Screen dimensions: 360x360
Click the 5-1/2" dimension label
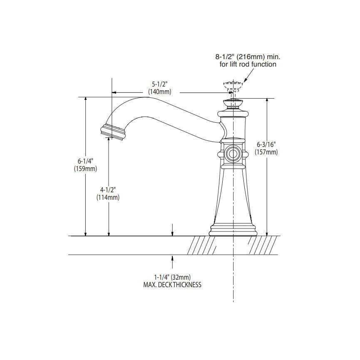click(x=160, y=84)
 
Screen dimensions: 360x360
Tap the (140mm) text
click(x=159, y=92)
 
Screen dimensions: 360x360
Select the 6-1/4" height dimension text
click(x=85, y=161)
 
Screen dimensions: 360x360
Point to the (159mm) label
click(x=85, y=169)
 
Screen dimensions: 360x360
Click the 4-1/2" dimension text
click(x=108, y=190)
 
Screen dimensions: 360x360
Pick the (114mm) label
click(x=108, y=197)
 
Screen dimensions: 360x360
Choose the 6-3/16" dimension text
click(x=266, y=144)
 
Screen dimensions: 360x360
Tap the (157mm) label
click(x=266, y=152)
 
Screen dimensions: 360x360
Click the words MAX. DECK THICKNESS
click(x=172, y=285)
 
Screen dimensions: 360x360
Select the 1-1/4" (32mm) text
click(x=172, y=277)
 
